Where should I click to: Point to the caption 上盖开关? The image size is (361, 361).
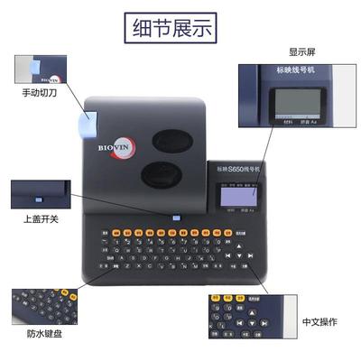(38, 218)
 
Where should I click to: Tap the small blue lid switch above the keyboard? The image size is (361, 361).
(178, 217)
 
